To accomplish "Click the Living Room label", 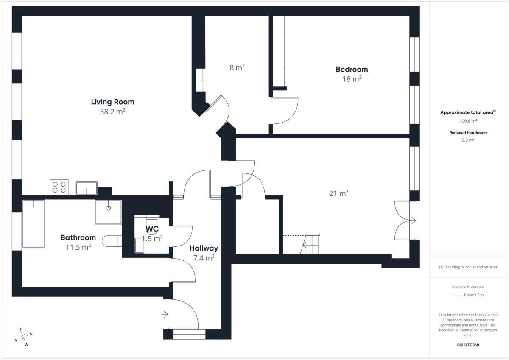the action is tap(112, 102).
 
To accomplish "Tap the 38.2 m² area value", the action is tap(112, 112).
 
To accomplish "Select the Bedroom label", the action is tap(352, 69).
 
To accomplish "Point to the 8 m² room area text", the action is tap(237, 67).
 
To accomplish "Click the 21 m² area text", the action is tap(339, 193).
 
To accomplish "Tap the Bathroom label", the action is tap(78, 237).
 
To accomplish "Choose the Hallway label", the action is tap(204, 248).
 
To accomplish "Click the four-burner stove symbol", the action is tap(59, 187).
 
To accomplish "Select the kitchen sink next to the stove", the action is tap(87, 188).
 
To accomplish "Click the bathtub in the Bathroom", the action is tap(34, 224).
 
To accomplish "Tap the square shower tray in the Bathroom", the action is tap(108, 212).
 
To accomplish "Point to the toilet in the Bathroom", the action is tap(112, 241).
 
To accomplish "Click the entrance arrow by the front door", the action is tap(165, 314).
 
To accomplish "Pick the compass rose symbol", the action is tap(23, 337).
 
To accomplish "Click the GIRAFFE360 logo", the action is tap(468, 345).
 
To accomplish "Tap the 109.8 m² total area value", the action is tap(468, 121).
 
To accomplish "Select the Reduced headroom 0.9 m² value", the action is tap(468, 140).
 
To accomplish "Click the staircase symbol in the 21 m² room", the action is tap(310, 244).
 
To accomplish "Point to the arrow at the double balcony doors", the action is tap(413, 220).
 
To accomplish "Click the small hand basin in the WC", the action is tap(139, 246).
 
